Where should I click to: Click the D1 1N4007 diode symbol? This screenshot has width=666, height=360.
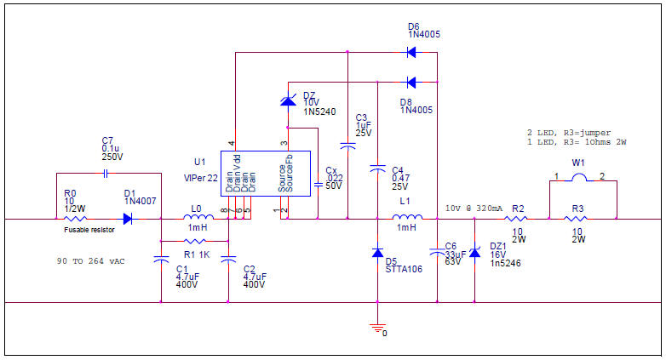coord(128,219)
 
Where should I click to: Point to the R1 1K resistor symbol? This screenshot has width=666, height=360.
coord(194,242)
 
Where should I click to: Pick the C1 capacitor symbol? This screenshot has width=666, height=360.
coord(160,261)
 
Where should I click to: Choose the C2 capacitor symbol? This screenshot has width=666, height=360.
coord(228,261)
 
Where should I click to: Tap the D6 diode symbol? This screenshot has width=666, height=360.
coord(411,53)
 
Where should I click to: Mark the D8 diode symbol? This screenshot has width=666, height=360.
coord(411,83)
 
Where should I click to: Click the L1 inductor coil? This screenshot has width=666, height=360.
coord(405,219)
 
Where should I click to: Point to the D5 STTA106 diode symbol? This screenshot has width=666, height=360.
coord(377,254)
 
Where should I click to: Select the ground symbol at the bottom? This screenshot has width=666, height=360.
coord(377,327)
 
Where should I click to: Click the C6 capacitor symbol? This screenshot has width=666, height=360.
coord(436,251)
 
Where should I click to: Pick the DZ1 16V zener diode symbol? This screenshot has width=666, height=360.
coord(474,252)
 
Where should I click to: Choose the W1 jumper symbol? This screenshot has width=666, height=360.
coord(579,178)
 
